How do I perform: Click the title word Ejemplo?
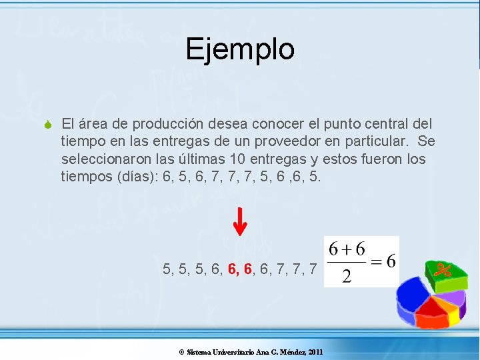pyautogui.click(x=240, y=49)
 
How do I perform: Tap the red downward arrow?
pyautogui.click(x=241, y=222)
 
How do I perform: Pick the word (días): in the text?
pyautogui.click(x=124, y=178)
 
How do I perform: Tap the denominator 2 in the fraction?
pyautogui.click(x=346, y=276)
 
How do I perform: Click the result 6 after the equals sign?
pyautogui.click(x=391, y=261)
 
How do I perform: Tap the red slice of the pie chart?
pyautogui.click(x=432, y=307)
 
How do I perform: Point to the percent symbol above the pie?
pyautogui.click(x=444, y=270)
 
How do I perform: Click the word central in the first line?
pyautogui.click(x=379, y=124)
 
